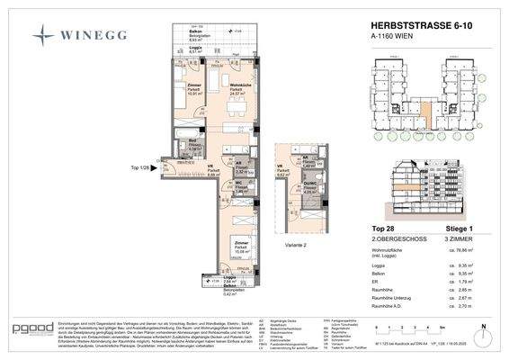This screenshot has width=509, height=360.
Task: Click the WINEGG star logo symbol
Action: click(43, 35)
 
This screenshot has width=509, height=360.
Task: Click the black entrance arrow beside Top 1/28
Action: click(159, 168)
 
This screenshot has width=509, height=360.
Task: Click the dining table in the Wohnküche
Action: click(237, 109)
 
